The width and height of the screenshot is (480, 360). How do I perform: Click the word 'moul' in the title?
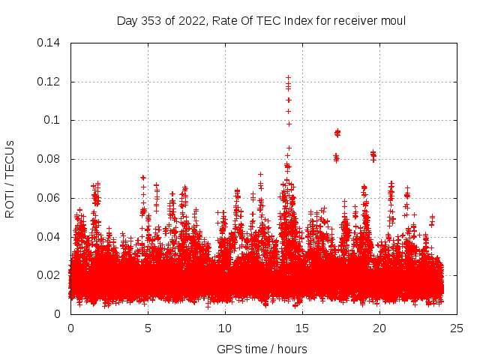pos(394,20)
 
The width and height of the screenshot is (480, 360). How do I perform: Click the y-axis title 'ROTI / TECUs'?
pos(10,178)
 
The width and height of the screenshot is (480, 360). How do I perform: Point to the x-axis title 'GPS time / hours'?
pos(262,349)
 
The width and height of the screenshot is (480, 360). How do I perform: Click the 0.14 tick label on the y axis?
pos(49,43)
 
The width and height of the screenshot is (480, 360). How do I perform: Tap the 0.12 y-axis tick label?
pos(49,82)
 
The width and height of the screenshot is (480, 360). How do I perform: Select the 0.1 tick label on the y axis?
pos(52,120)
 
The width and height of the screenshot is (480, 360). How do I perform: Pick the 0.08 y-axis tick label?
pos(49,159)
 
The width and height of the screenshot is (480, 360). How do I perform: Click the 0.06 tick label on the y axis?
pos(49,198)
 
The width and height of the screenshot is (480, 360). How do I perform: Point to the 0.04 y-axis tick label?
pos(49,237)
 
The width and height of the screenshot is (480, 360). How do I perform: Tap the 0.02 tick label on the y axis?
pos(49,275)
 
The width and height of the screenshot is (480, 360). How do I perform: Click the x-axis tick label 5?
pos(148,328)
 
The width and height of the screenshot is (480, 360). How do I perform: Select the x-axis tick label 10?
pos(225,328)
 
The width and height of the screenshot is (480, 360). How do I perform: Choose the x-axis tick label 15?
pos(302,328)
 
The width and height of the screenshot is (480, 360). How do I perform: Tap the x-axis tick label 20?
pos(379,328)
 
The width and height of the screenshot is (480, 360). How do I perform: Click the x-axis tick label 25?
pos(457,328)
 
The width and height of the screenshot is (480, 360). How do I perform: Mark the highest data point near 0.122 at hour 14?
pos(288,77)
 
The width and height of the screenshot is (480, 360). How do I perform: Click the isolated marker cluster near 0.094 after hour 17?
pos(337,133)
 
